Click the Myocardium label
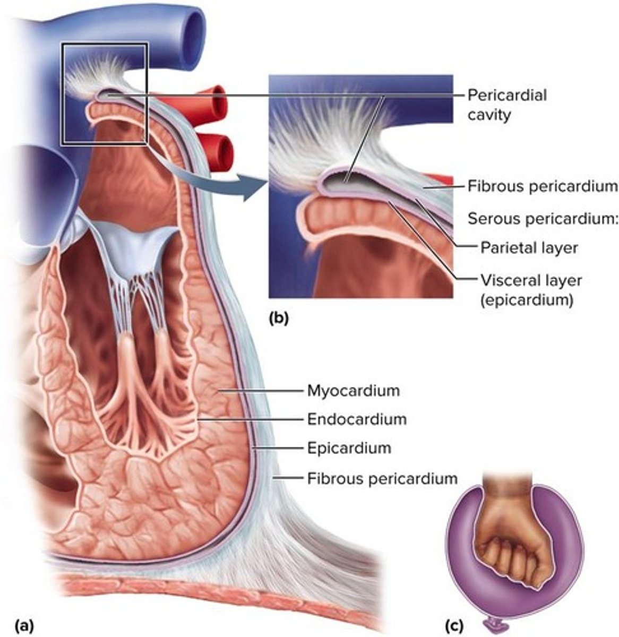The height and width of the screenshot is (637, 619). click(353, 391)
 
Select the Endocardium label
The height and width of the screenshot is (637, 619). click(357, 419)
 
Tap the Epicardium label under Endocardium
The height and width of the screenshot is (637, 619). click(349, 448)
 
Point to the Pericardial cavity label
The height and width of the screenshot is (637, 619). click(506, 105)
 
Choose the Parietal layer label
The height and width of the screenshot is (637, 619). click(529, 247)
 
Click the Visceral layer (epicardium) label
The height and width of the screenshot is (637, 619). click(530, 289)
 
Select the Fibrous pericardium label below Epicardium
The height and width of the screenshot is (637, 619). click(382, 478)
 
